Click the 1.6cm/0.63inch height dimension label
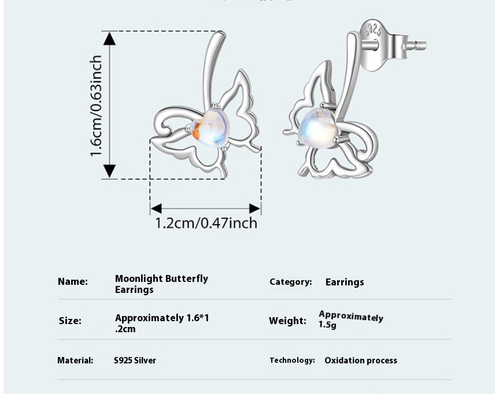point(96,106)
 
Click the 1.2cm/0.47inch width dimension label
point(206,223)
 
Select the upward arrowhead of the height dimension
point(109,38)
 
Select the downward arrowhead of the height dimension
point(109,172)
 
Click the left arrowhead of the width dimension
point(156,209)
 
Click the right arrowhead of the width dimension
point(255,209)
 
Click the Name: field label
point(73,282)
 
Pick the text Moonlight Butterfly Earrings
point(161,284)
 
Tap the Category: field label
point(290,282)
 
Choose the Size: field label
point(70,321)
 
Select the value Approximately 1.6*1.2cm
point(162,324)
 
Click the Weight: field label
point(287,321)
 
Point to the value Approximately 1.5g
point(350,319)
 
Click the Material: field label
point(75,360)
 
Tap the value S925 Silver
point(135,360)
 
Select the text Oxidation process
point(361,360)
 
